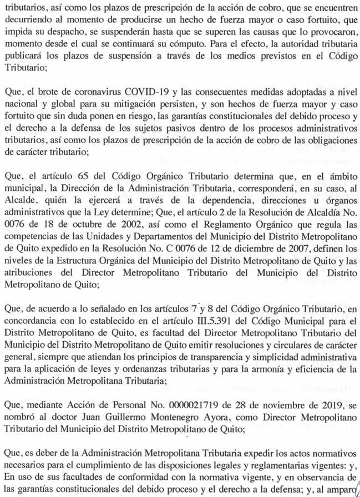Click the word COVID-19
pos(146,90)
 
